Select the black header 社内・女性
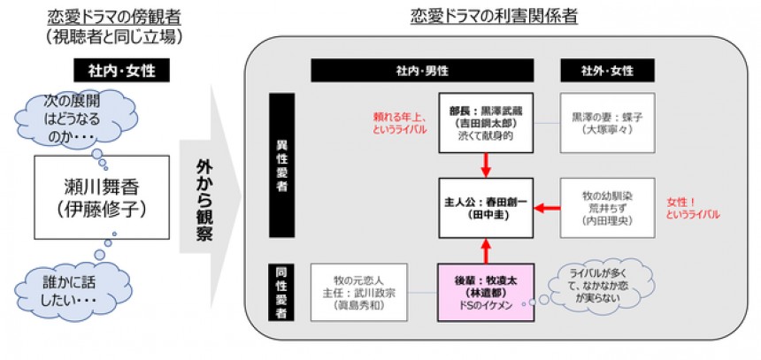121,70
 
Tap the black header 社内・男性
421,70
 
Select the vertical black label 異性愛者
281,165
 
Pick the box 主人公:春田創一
485,208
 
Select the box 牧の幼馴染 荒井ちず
607,208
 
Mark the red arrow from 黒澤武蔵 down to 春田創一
485,164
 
